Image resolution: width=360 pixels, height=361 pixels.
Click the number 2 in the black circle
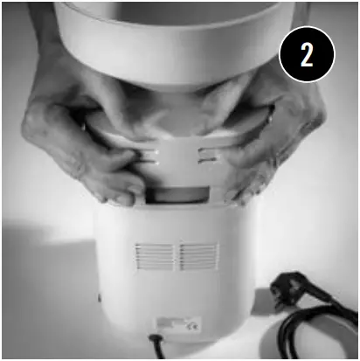(307, 56)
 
